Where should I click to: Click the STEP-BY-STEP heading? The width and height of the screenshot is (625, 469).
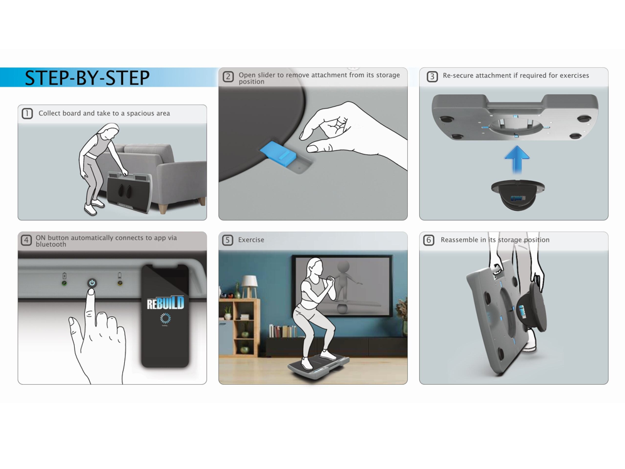point(87,78)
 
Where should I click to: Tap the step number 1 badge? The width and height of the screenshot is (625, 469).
point(27,114)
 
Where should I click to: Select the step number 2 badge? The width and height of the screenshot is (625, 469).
point(228,77)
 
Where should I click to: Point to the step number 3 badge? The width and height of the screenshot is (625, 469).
point(432,77)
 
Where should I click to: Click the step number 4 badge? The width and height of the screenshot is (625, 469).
point(26,240)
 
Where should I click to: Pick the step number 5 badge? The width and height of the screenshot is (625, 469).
point(228,240)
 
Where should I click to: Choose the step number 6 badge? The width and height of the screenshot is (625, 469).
point(429,240)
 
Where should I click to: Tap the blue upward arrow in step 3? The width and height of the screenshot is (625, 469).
point(516,161)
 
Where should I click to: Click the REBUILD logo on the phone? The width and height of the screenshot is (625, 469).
point(165,303)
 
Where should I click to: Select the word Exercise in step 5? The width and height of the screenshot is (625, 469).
point(251,240)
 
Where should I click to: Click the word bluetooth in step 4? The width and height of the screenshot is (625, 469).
point(51,244)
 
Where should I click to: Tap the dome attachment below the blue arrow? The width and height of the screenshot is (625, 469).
point(518,195)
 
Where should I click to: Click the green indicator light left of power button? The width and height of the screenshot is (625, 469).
point(64,283)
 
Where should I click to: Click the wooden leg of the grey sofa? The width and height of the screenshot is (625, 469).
point(201,202)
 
